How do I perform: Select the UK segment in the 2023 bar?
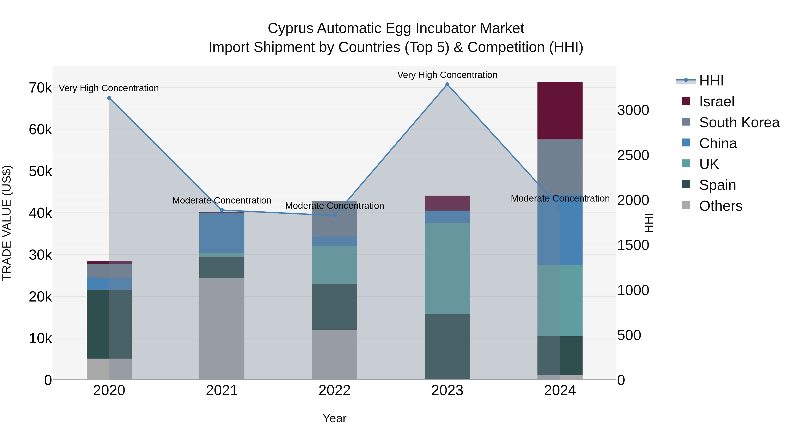[x=447, y=268]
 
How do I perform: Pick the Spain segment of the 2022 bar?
[x=334, y=307]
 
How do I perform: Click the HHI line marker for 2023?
[x=447, y=84]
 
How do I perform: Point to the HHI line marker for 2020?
[x=109, y=98]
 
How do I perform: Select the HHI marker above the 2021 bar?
[x=222, y=210]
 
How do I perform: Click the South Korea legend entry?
[x=739, y=122]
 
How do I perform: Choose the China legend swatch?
[x=686, y=143]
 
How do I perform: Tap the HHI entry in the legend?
[x=711, y=81]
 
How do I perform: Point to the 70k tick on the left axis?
[x=40, y=88]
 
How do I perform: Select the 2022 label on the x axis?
[x=334, y=390]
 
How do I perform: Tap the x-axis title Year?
[x=334, y=418]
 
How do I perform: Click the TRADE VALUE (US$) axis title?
[x=7, y=223]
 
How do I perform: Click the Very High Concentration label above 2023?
[x=447, y=75]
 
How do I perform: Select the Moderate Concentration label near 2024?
[x=560, y=198]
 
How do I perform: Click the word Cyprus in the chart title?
[x=291, y=28]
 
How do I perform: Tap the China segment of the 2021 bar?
[x=222, y=233]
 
